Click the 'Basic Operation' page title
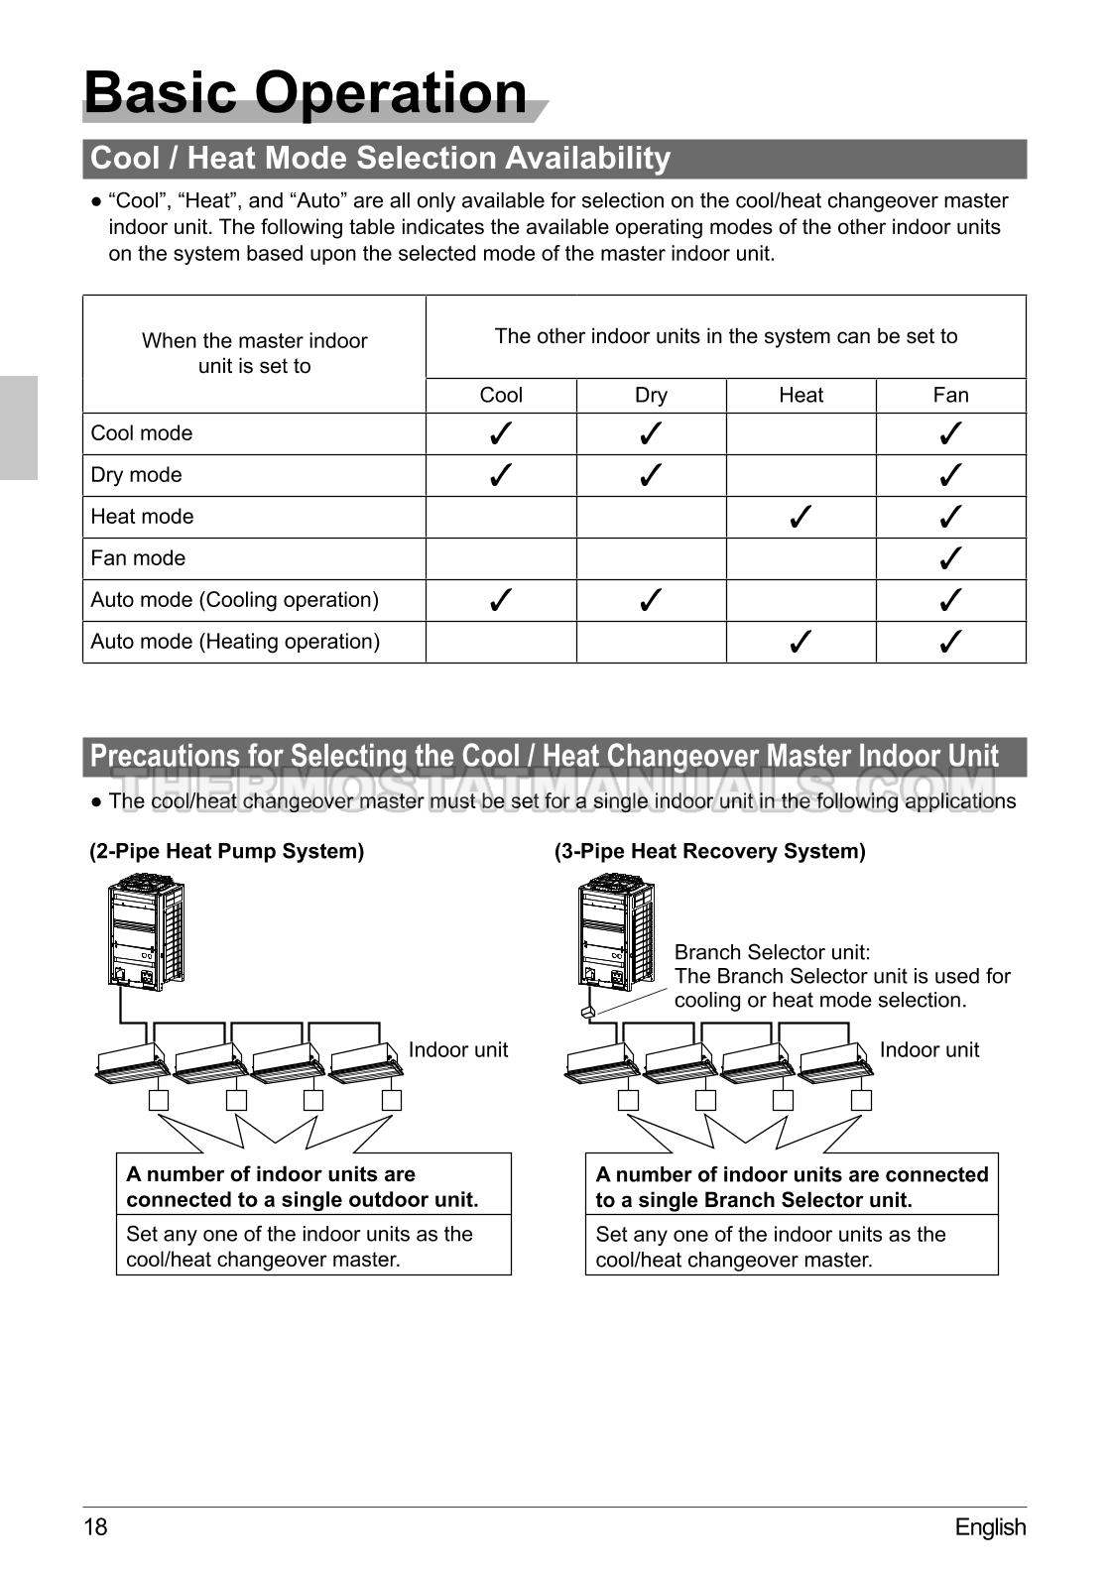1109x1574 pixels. [x=306, y=92]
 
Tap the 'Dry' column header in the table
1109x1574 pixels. [x=651, y=395]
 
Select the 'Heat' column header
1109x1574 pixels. [x=801, y=395]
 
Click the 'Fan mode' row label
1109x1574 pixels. [x=138, y=558]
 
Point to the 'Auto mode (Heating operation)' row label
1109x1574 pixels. [x=235, y=642]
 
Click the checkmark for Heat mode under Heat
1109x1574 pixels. [x=801, y=517]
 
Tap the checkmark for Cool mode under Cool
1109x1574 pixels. [x=501, y=433]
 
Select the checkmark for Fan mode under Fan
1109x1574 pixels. [x=950, y=558]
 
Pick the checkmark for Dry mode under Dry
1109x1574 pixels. [x=651, y=475]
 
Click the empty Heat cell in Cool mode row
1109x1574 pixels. [x=801, y=433]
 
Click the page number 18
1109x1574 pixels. [x=95, y=1526]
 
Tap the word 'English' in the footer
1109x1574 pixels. [x=990, y=1526]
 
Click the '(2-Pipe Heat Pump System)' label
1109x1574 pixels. [x=227, y=851]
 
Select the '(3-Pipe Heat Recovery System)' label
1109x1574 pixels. [x=710, y=851]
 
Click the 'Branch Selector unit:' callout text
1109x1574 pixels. [x=773, y=952]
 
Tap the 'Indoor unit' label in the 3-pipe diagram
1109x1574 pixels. [x=928, y=1049]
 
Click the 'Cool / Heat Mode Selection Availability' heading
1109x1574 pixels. [x=381, y=159]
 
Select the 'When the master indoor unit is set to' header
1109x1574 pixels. [x=255, y=353]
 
